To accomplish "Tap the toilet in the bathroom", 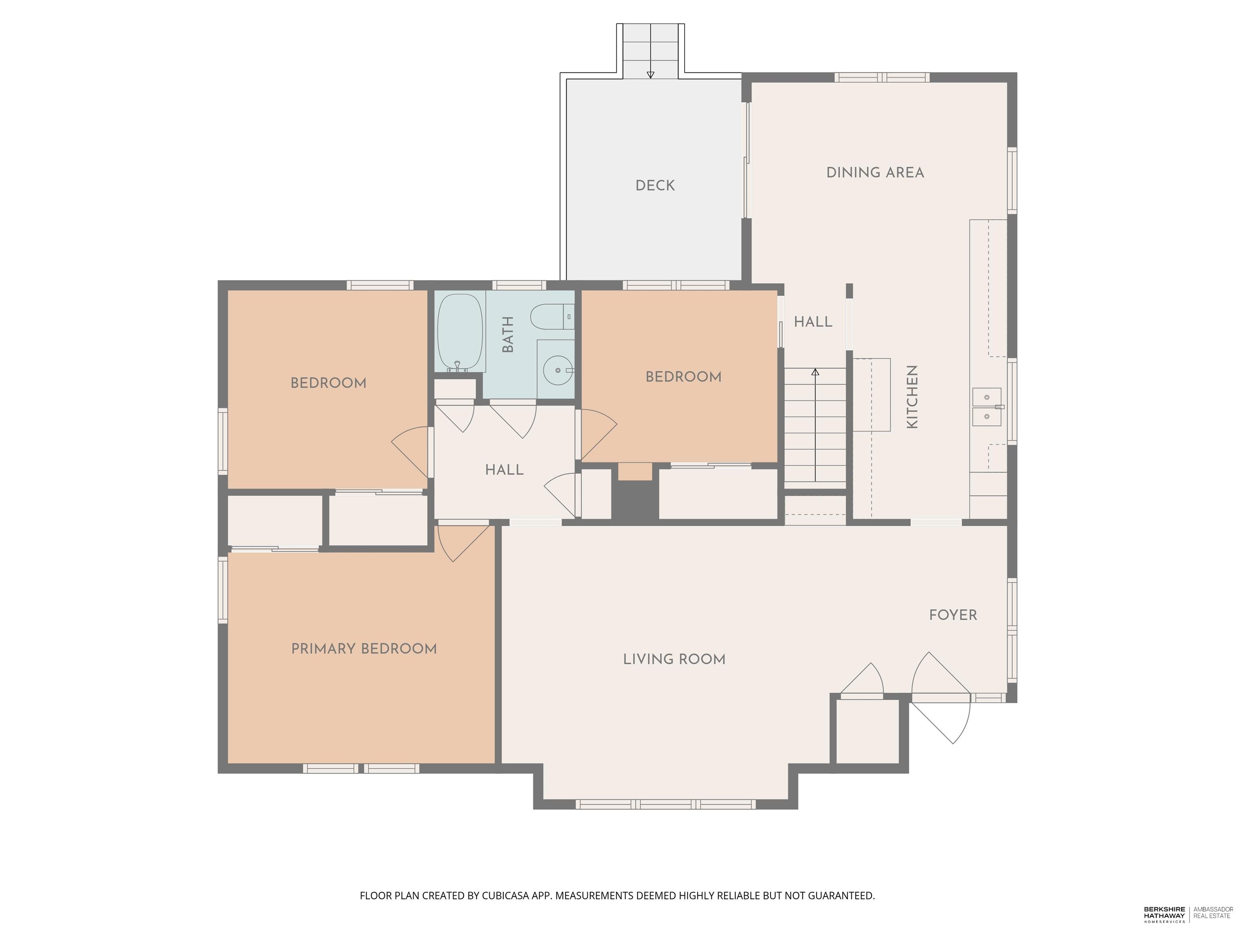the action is click(x=552, y=317).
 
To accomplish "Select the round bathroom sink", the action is click(x=557, y=370).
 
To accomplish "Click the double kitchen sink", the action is click(x=987, y=406).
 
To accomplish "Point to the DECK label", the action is click(x=655, y=185).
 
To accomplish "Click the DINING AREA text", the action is click(x=875, y=173).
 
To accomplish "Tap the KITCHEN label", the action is click(x=912, y=397).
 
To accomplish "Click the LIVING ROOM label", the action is click(x=674, y=659).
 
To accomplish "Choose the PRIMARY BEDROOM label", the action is click(x=364, y=649).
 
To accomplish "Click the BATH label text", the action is click(x=507, y=334).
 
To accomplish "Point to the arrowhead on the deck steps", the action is click(x=650, y=75).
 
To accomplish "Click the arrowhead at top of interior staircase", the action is click(x=815, y=372).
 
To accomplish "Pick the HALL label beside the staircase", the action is click(x=813, y=322).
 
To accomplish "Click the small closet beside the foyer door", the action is click(x=867, y=731).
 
